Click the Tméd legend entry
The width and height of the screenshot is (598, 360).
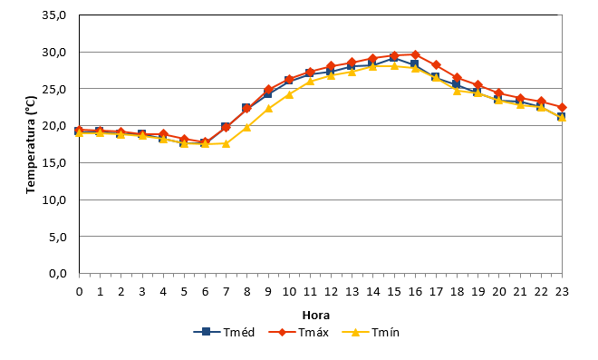(x=224, y=332)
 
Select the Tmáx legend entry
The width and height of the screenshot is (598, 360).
(x=299, y=332)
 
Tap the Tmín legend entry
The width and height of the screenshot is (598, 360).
(x=371, y=332)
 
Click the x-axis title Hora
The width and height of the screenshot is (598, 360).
(x=316, y=316)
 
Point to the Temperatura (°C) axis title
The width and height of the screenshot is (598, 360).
(x=31, y=145)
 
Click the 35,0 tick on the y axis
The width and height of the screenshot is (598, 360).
(x=53, y=15)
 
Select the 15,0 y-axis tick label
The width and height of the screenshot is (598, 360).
(x=53, y=163)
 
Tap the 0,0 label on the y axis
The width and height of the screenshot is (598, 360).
(x=58, y=274)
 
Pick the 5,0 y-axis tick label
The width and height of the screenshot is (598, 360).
(x=58, y=237)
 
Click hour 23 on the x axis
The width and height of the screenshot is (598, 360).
(x=562, y=292)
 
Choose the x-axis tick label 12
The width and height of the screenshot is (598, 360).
(x=331, y=292)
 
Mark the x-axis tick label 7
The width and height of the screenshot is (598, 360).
(x=227, y=292)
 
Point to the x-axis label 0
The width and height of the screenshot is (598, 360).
(x=80, y=292)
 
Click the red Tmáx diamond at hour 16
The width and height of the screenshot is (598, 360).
(x=415, y=54)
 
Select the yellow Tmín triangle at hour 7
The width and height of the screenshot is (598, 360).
(x=227, y=143)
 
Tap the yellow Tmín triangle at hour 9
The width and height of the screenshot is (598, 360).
(x=268, y=109)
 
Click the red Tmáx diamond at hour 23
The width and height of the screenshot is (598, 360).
(x=562, y=108)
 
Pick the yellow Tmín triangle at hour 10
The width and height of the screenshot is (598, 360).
(x=289, y=94)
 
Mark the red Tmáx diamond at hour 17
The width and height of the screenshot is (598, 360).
(x=437, y=65)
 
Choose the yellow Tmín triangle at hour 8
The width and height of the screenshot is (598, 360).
(x=247, y=127)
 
